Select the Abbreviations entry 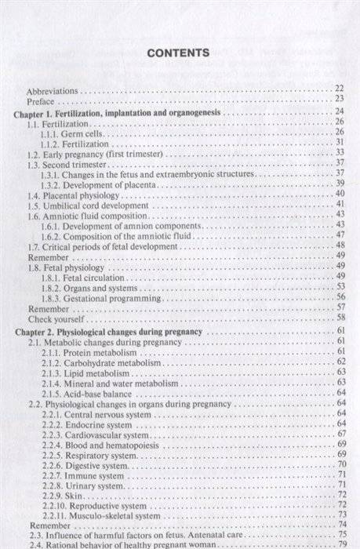[x=53, y=90]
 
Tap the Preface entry [x=41, y=101]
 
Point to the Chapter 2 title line [x=109, y=332]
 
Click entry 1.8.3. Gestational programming [x=103, y=299]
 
